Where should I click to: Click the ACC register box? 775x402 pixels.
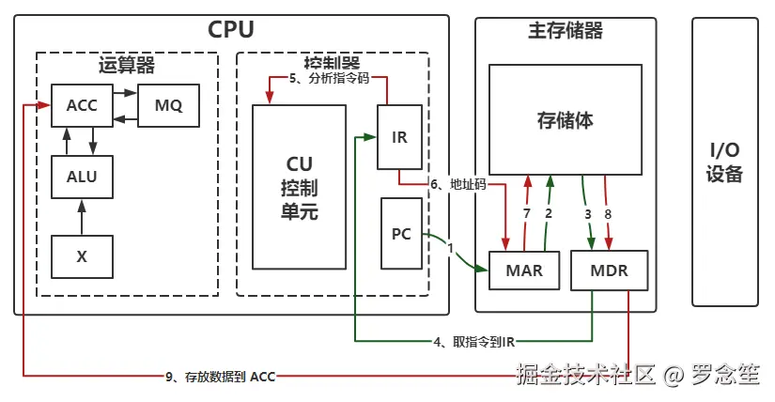[82, 105]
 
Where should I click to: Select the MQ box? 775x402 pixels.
[168, 105]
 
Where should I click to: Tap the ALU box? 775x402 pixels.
[82, 176]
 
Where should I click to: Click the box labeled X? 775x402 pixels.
[82, 256]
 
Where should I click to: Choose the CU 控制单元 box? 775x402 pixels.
[300, 187]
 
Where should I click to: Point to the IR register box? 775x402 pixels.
[399, 137]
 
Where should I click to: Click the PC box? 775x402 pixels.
[401, 233]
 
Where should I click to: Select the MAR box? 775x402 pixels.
[523, 271]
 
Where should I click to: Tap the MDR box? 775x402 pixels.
[609, 271]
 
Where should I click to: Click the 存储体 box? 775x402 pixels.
[565, 119]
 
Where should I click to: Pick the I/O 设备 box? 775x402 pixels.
[724, 162]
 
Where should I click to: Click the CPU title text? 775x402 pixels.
[231, 30]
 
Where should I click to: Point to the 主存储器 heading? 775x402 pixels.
[560, 31]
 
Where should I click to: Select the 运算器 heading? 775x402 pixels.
[127, 66]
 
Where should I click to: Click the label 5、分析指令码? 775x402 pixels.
[328, 79]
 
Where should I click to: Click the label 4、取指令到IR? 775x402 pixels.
[473, 342]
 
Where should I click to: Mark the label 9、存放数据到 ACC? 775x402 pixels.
[220, 377]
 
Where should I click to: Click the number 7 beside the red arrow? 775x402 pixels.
[527, 213]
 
